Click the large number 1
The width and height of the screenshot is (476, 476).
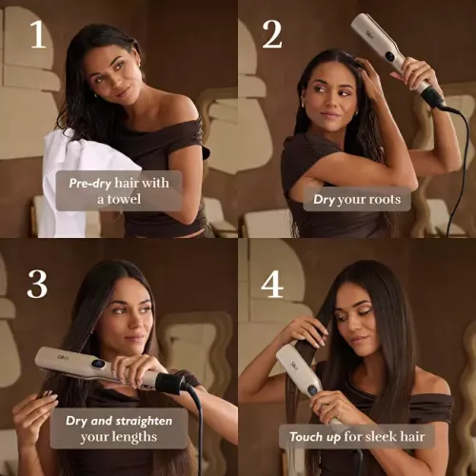(x=38, y=34)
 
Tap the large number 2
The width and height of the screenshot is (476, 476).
(x=272, y=34)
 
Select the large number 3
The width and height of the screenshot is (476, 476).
(x=37, y=284)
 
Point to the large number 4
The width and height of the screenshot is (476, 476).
(x=272, y=284)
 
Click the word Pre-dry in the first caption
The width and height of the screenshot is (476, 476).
(x=90, y=183)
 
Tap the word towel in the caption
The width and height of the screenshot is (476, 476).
(x=124, y=199)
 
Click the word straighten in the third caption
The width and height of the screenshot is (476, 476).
(x=144, y=421)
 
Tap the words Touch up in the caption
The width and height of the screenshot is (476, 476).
(x=315, y=437)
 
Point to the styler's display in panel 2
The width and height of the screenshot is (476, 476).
(x=390, y=57)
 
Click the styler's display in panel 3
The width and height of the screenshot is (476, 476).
(x=97, y=365)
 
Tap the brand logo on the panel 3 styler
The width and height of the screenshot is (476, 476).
(x=63, y=357)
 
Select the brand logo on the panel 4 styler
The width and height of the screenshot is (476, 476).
(x=294, y=366)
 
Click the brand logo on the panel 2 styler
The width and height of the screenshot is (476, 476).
(x=369, y=34)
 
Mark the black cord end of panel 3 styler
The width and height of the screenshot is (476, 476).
(x=171, y=383)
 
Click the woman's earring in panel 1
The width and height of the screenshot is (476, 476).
(x=95, y=94)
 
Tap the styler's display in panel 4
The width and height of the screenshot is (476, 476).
(x=312, y=390)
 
